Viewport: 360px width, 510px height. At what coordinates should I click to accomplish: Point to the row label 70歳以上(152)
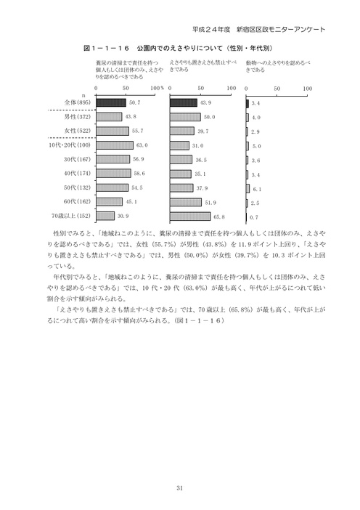(70, 216)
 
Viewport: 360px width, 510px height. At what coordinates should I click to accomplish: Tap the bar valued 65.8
(189, 216)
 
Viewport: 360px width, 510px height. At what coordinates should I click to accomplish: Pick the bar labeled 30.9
(105, 216)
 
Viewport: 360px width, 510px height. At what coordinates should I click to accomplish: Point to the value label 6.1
(255, 187)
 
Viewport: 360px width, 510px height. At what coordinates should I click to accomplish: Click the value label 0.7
(255, 216)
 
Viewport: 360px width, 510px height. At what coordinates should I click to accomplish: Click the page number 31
(179, 487)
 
